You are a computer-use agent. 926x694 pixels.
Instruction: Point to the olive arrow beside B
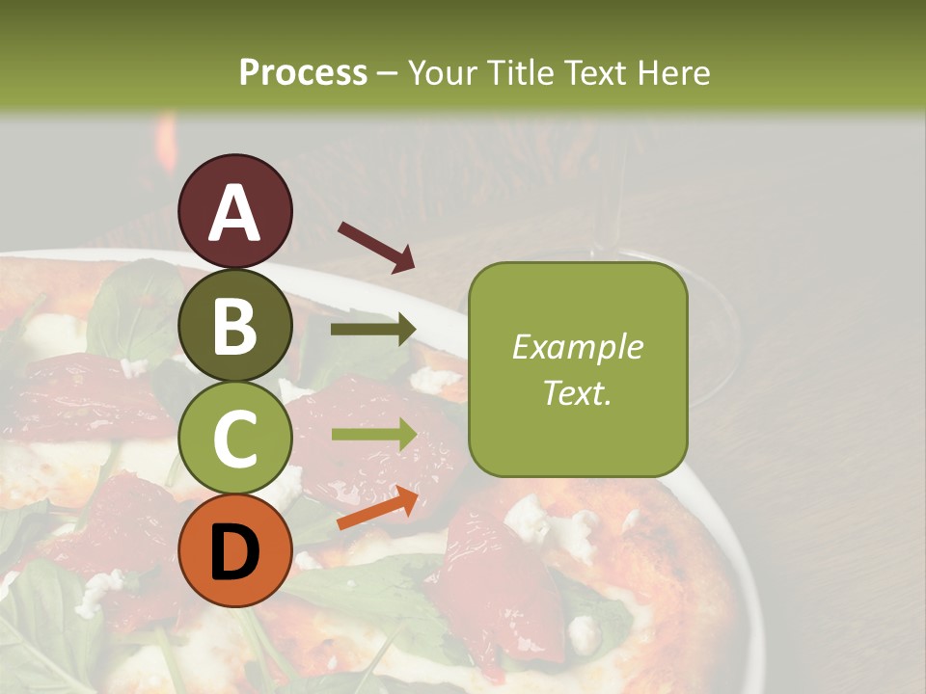pyautogui.click(x=373, y=330)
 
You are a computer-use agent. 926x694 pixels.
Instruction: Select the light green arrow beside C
pyautogui.click(x=374, y=435)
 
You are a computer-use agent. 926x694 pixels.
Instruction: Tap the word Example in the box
pyautogui.click(x=578, y=348)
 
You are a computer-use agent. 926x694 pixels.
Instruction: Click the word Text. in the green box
pyautogui.click(x=578, y=393)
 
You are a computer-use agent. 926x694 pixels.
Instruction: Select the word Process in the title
pyautogui.click(x=303, y=72)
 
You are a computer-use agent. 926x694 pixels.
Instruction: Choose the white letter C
pyautogui.click(x=235, y=439)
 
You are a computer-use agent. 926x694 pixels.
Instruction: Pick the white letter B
pyautogui.click(x=235, y=325)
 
